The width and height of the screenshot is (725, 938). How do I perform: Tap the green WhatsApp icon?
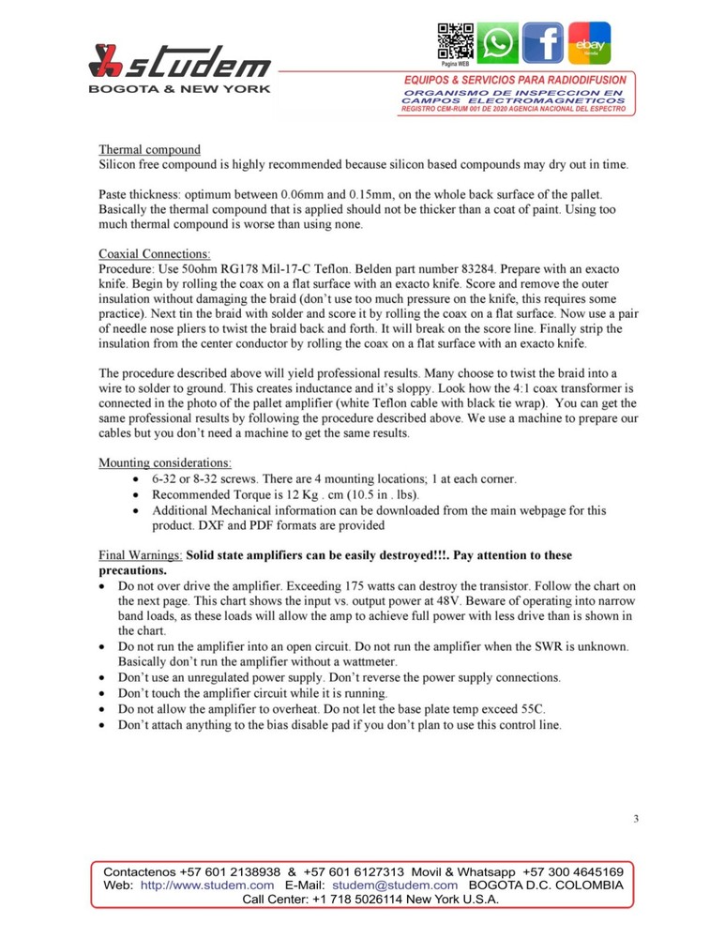click(x=496, y=43)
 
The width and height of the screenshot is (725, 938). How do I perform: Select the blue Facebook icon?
click(x=543, y=43)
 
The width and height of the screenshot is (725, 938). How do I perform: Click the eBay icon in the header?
click(x=589, y=43)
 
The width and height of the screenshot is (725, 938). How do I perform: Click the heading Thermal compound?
click(x=150, y=149)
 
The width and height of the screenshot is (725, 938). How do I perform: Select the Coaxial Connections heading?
click(x=155, y=253)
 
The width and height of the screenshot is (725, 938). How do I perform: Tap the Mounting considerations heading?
click(x=165, y=462)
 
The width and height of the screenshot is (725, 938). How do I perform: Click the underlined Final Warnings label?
click(x=141, y=555)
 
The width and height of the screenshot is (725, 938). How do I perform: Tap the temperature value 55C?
click(x=537, y=708)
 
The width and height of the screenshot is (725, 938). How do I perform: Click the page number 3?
click(x=636, y=819)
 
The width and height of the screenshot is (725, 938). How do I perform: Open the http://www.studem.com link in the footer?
click(x=207, y=885)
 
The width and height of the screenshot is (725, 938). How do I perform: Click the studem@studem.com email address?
click(x=395, y=885)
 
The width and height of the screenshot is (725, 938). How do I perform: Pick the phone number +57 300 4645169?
click(x=573, y=870)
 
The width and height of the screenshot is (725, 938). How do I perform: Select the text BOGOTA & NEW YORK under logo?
click(x=179, y=89)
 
